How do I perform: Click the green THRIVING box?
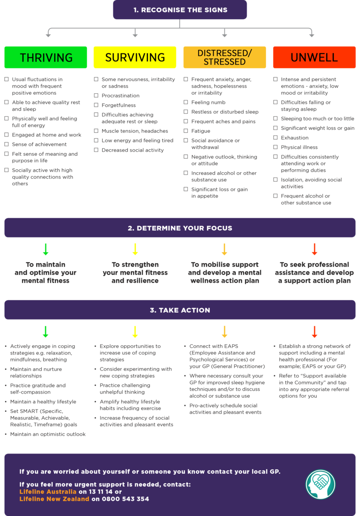(x=46, y=57)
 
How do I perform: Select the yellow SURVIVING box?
(x=135, y=57)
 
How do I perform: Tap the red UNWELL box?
(x=314, y=57)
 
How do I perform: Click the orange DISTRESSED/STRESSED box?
(x=225, y=57)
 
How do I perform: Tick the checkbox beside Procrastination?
(x=96, y=95)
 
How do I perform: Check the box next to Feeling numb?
(x=186, y=102)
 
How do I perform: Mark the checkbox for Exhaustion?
(x=276, y=137)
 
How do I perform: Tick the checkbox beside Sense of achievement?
(x=6, y=144)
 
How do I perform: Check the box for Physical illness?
(x=276, y=147)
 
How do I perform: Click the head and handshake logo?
(x=321, y=485)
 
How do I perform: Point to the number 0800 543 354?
(x=125, y=499)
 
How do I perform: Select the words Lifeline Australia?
(x=48, y=492)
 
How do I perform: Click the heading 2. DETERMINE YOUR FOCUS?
(x=180, y=228)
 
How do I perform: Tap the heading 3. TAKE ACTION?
(x=180, y=310)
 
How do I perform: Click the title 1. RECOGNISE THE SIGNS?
(x=180, y=10)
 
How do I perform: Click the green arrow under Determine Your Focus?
(x=46, y=249)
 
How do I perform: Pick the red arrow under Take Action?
(x=314, y=332)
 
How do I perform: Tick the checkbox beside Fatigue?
(x=186, y=131)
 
